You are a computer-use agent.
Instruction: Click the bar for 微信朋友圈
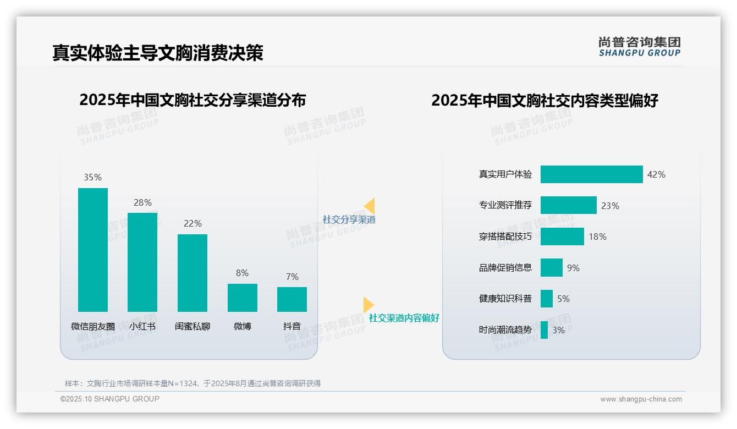pyautogui.click(x=93, y=250)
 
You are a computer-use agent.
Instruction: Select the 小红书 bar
pyautogui.click(x=142, y=262)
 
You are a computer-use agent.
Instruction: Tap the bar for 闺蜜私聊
pyautogui.click(x=193, y=273)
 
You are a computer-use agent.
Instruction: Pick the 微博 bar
pyautogui.click(x=243, y=298)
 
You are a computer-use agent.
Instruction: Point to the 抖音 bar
pyautogui.click(x=292, y=299)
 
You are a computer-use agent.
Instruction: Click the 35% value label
pyautogui.click(x=93, y=177)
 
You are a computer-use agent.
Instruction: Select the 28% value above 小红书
pyautogui.click(x=142, y=202)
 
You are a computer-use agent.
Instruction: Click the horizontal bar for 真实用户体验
pyautogui.click(x=591, y=174)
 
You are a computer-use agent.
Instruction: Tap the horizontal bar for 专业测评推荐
pyautogui.click(x=568, y=205)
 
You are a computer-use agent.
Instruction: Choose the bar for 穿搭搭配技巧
pyautogui.click(x=562, y=237)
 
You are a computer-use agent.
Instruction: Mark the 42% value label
pyautogui.click(x=656, y=174)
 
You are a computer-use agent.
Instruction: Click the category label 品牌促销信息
pyautogui.click(x=505, y=268)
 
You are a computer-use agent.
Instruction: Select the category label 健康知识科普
pyautogui.click(x=505, y=299)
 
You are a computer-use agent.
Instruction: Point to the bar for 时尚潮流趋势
pyautogui.click(x=544, y=330)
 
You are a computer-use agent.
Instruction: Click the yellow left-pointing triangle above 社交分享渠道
pyautogui.click(x=370, y=206)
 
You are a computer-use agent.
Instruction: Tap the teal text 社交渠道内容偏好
pyautogui.click(x=404, y=318)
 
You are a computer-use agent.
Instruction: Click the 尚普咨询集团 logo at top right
pyautogui.click(x=640, y=47)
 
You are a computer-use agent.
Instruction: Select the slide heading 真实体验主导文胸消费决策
pyautogui.click(x=158, y=53)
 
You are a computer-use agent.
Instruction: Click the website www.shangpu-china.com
pyautogui.click(x=641, y=399)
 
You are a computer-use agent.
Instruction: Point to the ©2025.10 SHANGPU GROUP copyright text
pyautogui.click(x=110, y=399)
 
